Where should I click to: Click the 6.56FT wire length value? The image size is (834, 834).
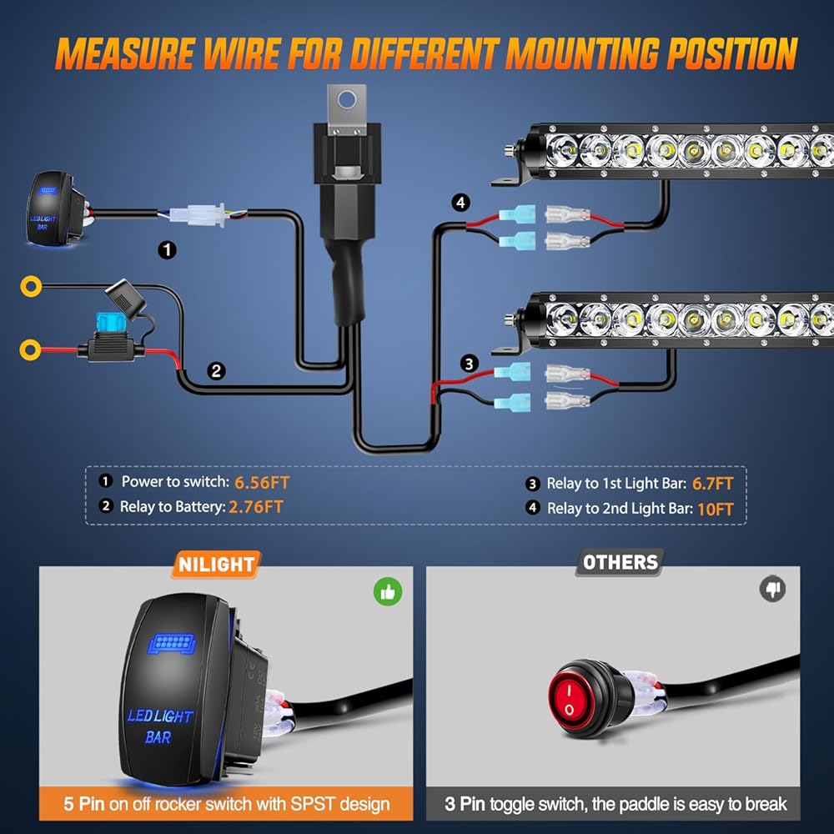click(x=262, y=481)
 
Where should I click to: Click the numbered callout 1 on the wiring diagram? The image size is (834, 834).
click(x=168, y=249)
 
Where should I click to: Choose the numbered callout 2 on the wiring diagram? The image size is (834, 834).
click(x=216, y=371)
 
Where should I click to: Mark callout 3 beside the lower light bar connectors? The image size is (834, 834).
click(x=470, y=364)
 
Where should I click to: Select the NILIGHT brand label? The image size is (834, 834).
click(x=216, y=564)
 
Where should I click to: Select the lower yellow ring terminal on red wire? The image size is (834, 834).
click(x=30, y=344)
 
